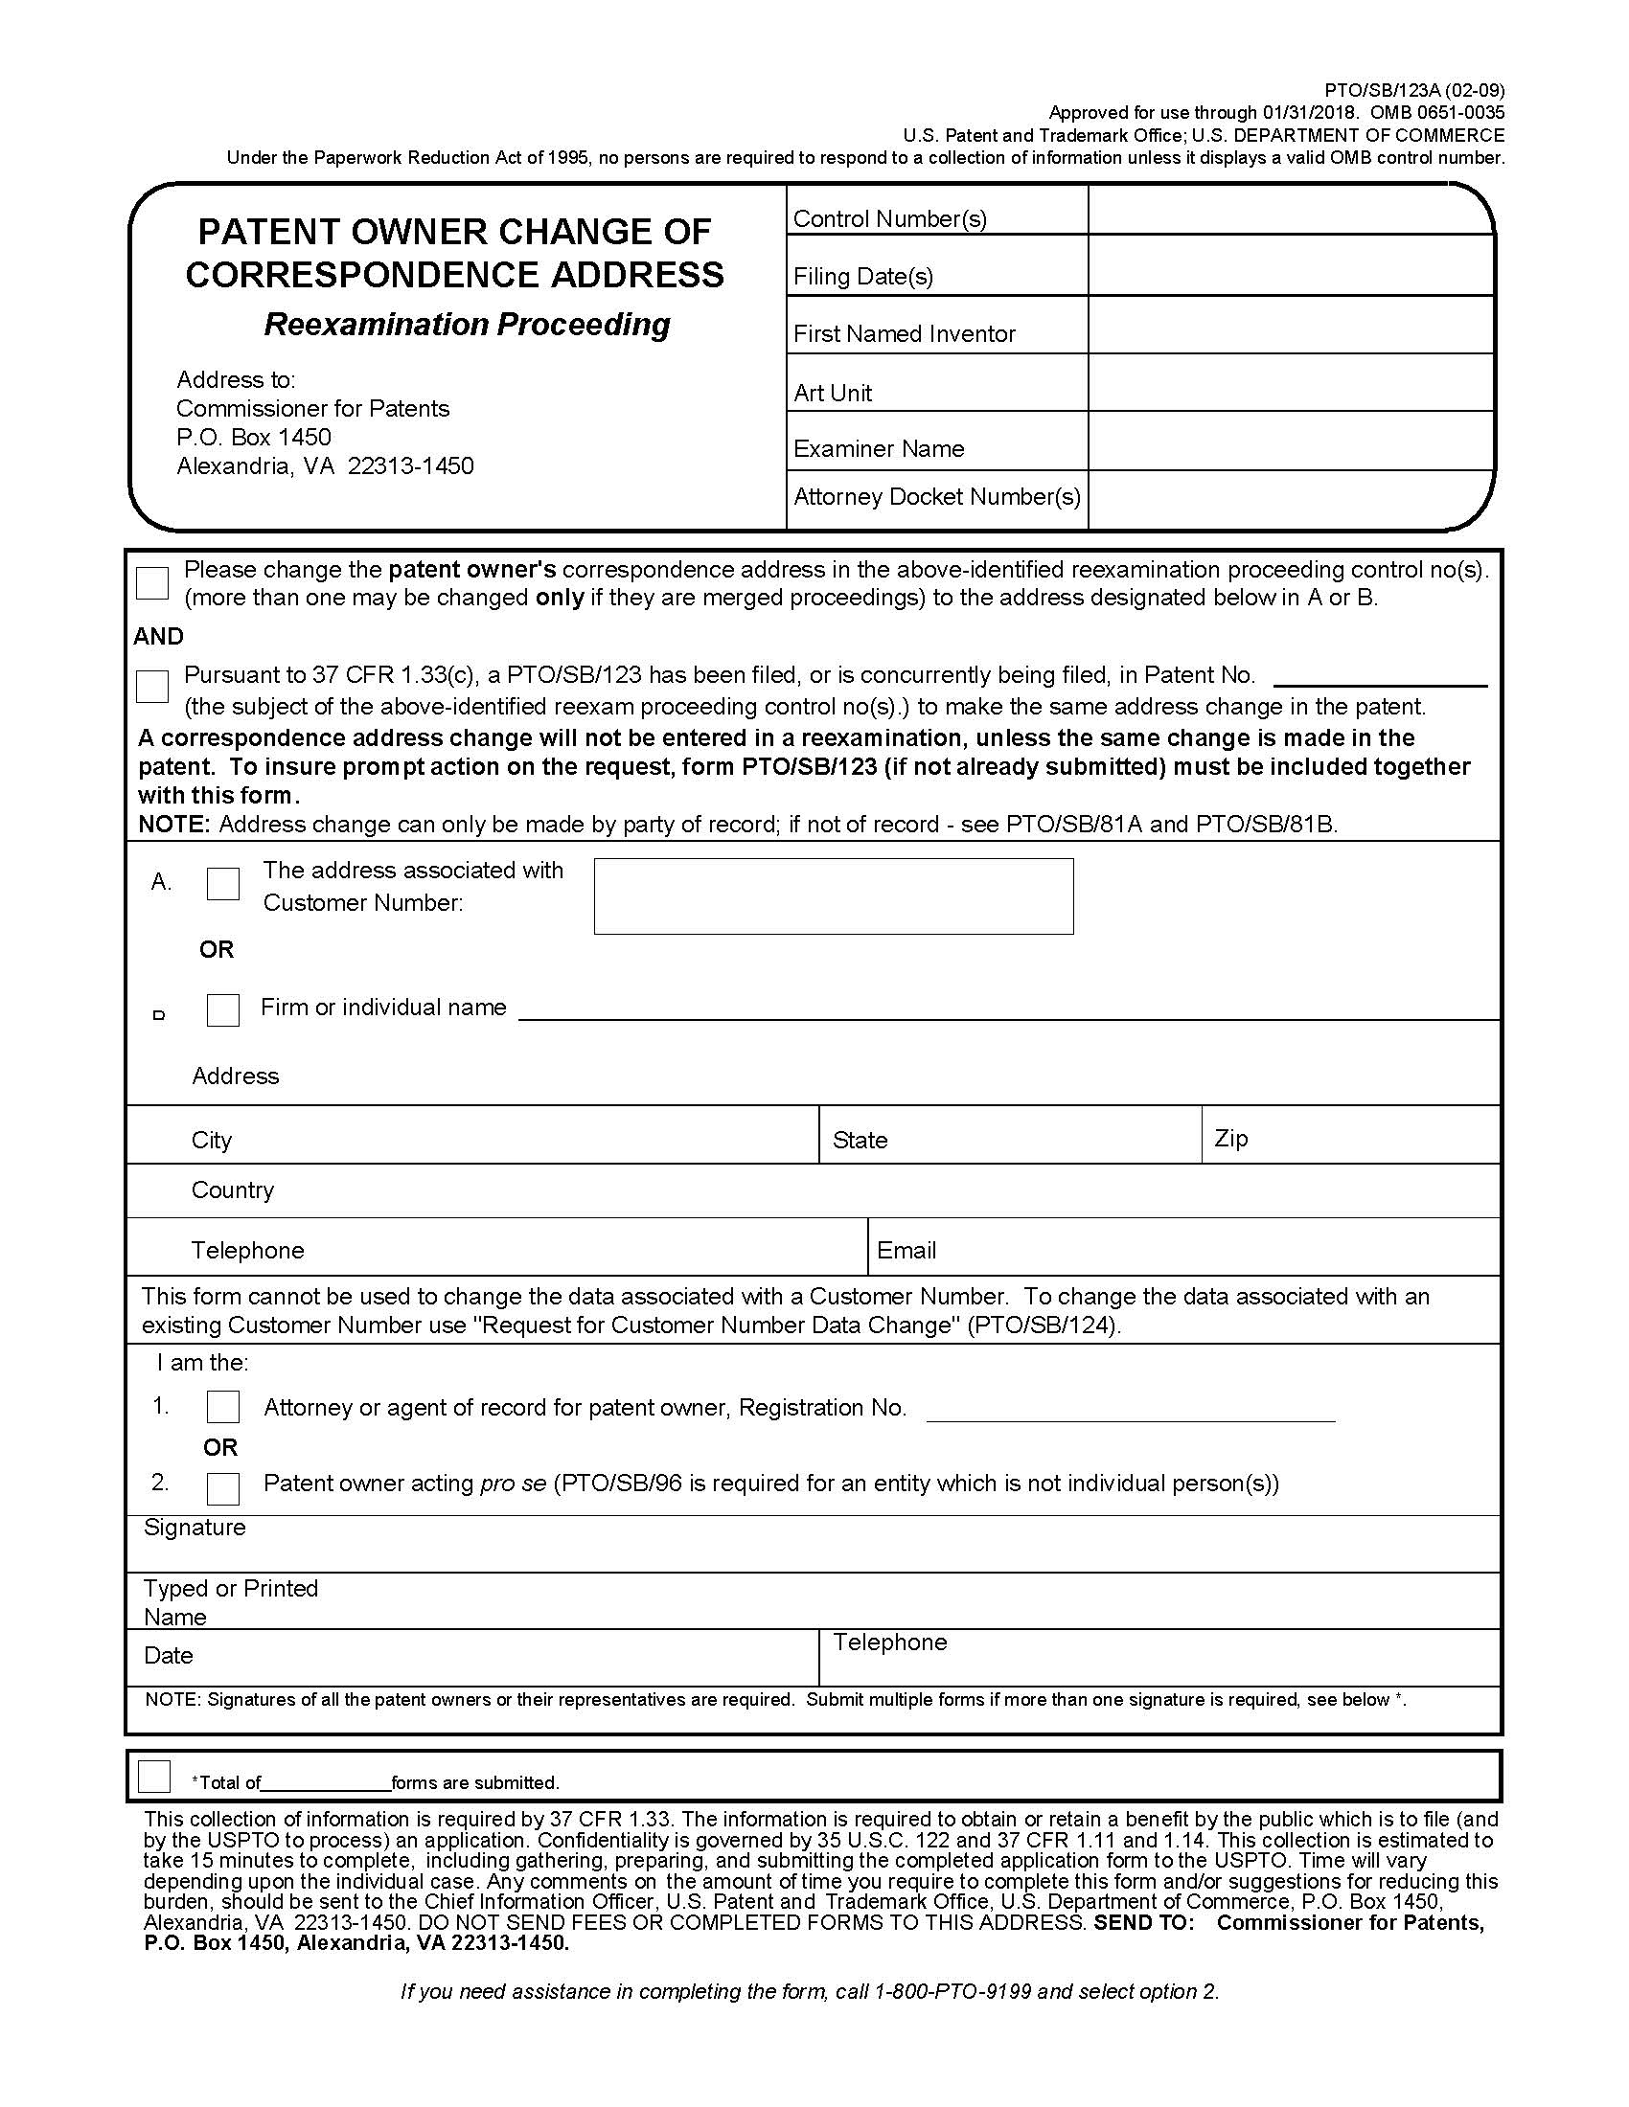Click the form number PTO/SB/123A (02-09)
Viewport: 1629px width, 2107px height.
[1413, 91]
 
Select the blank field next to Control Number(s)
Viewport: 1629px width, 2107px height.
[1291, 212]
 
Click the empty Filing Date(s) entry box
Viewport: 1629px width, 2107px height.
[1291, 266]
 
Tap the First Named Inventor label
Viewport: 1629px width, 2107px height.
[904, 334]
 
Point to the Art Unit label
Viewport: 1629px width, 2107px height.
[832, 393]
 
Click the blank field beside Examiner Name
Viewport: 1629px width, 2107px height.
[1291, 442]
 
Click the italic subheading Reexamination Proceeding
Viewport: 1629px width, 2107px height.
[467, 324]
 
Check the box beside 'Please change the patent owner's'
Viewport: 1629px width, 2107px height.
[152, 581]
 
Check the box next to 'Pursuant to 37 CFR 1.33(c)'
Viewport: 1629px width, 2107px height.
[152, 686]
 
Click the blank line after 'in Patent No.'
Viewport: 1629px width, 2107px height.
[1379, 676]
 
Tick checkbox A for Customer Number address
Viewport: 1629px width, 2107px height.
[223, 883]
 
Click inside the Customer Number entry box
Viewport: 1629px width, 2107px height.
[833, 896]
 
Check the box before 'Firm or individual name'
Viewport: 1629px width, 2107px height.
[223, 1009]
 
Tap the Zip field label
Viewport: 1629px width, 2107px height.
[1230, 1138]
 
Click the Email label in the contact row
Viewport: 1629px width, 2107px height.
[906, 1250]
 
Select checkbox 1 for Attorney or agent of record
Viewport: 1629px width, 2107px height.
[223, 1407]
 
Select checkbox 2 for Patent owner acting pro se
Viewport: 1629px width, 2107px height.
[223, 1487]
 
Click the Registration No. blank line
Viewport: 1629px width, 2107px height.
[1129, 1411]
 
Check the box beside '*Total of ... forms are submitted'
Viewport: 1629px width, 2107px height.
[154, 1776]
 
